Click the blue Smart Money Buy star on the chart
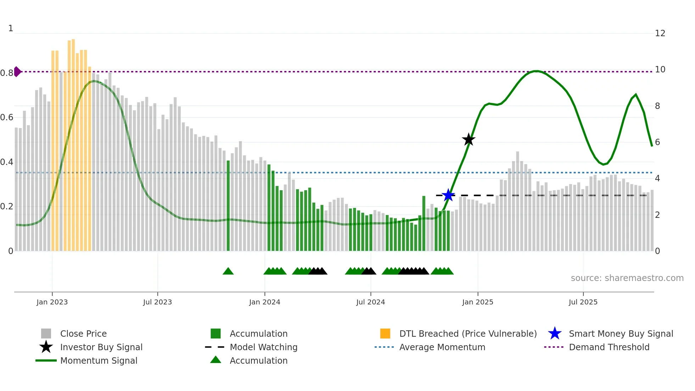[x=448, y=195]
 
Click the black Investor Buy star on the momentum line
[x=468, y=139]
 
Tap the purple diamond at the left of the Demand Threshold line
[x=17, y=72]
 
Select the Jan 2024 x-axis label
[x=265, y=302]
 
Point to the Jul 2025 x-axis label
[x=583, y=302]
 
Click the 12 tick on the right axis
[x=660, y=33]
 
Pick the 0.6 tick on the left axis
[x=7, y=117]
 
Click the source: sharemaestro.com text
[x=627, y=278]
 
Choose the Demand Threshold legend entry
[x=609, y=347]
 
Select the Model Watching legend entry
[x=263, y=347]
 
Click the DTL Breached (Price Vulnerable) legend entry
[x=468, y=334]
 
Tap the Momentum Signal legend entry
[x=99, y=360]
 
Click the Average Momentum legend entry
[x=442, y=347]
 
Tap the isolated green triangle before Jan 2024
[x=228, y=271]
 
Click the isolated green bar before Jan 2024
[x=228, y=206]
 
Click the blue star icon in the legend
[x=555, y=334]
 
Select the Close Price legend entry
[x=83, y=334]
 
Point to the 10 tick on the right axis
[x=660, y=70]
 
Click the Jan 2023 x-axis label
[x=52, y=302]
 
